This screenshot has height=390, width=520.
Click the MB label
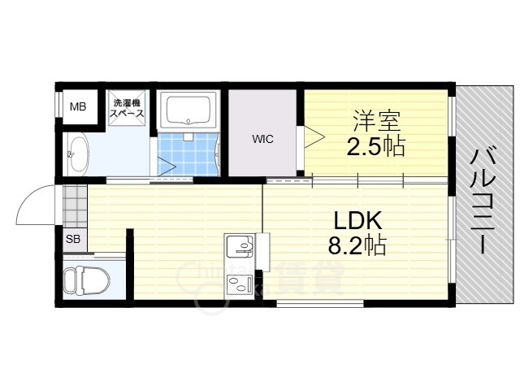(x=78, y=106)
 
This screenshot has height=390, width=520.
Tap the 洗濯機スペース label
(x=127, y=108)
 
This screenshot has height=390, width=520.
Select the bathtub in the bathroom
(x=188, y=110)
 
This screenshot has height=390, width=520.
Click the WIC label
(x=262, y=139)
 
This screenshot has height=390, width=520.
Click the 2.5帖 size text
(x=375, y=146)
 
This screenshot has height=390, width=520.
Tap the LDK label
(x=357, y=220)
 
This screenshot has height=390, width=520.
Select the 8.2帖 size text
(x=357, y=245)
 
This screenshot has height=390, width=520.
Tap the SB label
(x=73, y=239)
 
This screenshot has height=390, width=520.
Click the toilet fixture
(x=86, y=280)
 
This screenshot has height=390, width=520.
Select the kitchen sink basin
(x=240, y=245)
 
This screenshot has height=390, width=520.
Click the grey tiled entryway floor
(x=76, y=206)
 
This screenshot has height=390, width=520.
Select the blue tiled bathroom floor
(x=188, y=154)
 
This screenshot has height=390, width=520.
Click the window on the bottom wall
(x=320, y=303)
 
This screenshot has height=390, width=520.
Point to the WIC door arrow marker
(x=313, y=137)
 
